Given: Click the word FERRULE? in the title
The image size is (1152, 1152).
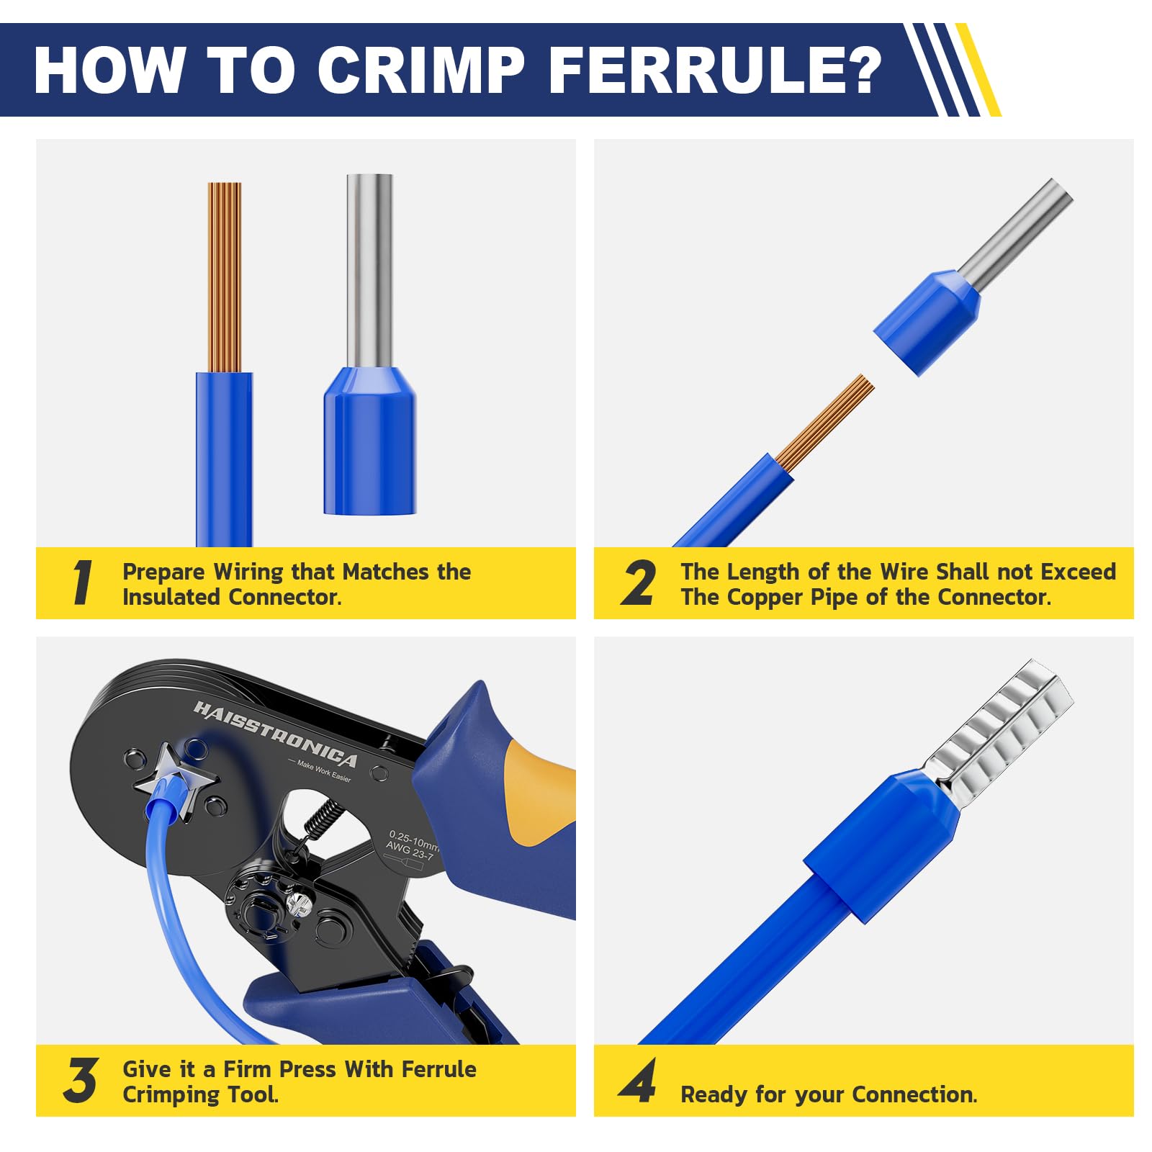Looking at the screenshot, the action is click(715, 70).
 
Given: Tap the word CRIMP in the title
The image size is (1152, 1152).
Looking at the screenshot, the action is click(420, 70).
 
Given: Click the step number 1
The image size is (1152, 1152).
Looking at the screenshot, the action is click(83, 582).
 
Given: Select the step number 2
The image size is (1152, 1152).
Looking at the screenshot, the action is click(638, 582).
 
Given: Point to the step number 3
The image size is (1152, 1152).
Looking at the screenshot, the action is click(80, 1079).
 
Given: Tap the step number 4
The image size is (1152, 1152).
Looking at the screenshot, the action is click(638, 1079).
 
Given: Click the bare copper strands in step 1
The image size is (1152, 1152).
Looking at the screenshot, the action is click(225, 278).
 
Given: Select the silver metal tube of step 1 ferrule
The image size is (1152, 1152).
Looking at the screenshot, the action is click(369, 271).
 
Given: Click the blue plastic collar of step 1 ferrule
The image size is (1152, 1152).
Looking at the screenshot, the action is click(370, 441).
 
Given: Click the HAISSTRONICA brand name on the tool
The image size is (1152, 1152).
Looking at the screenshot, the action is click(276, 734).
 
